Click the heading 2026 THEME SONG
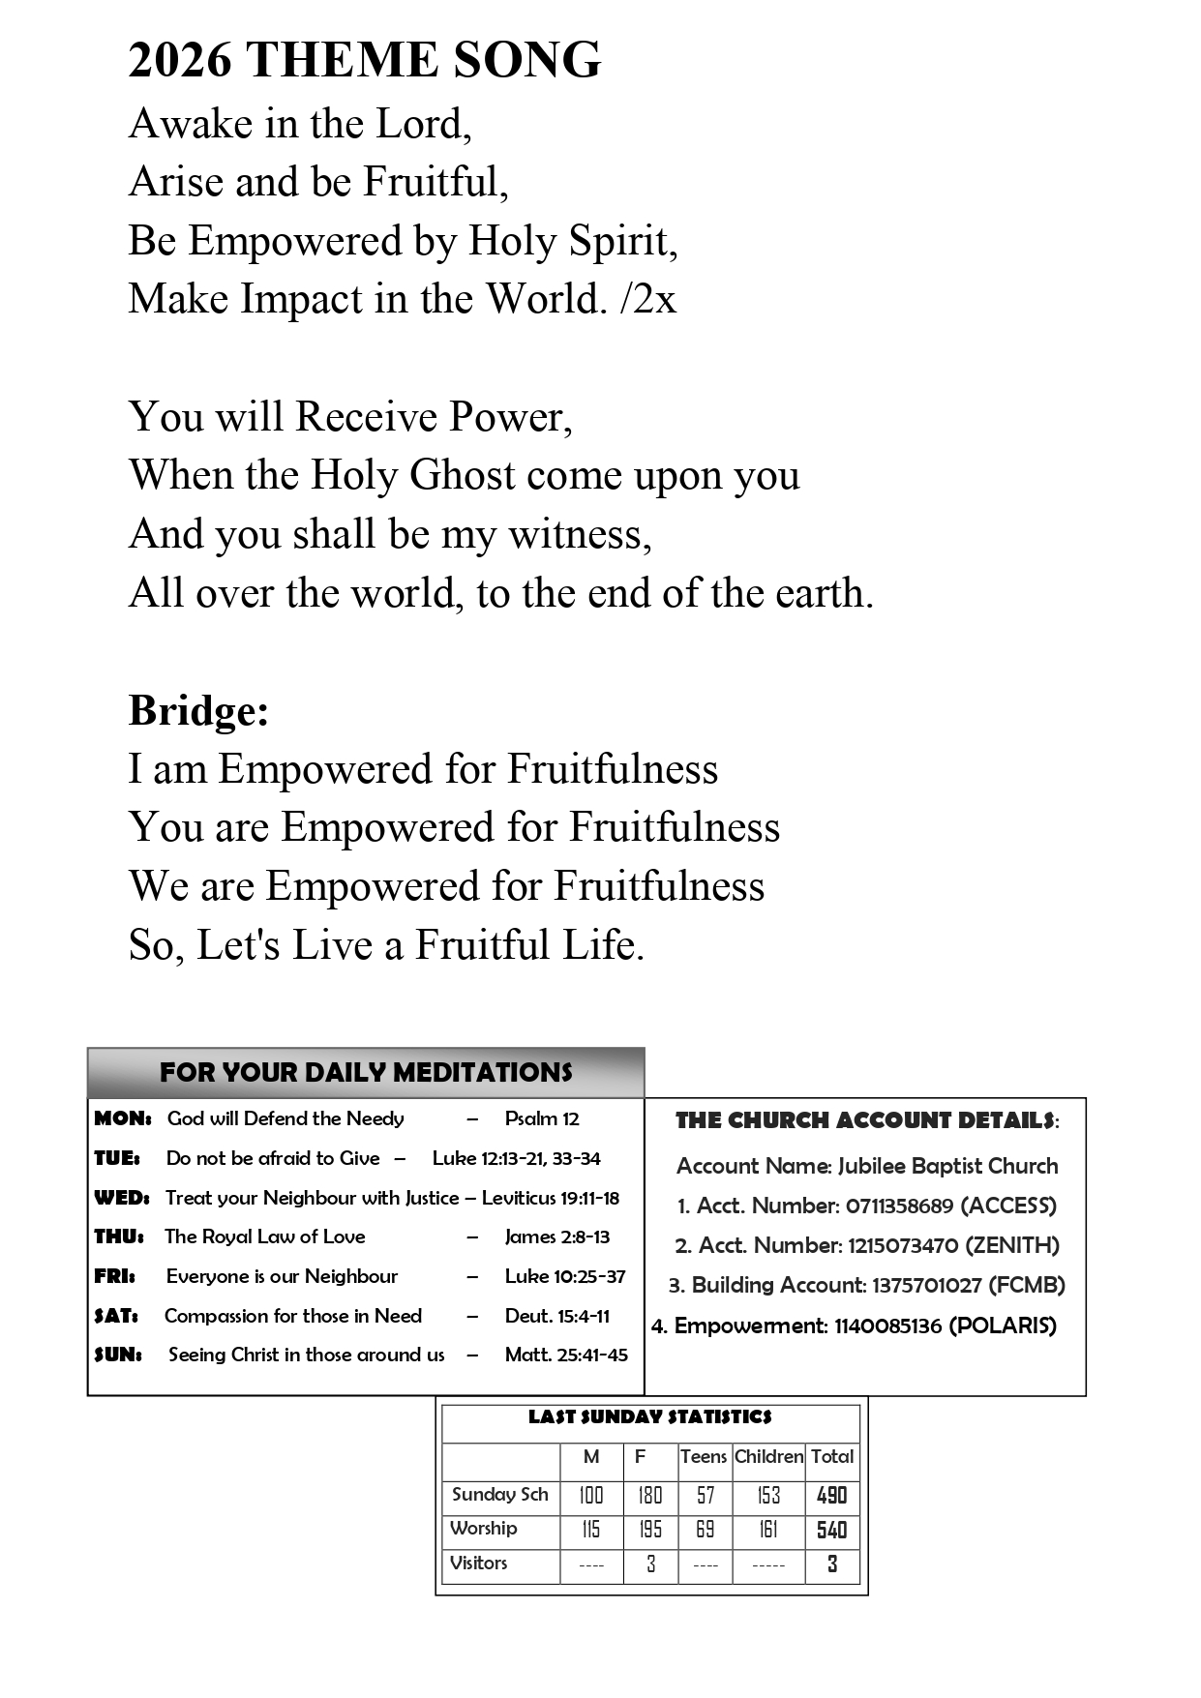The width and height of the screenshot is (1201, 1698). [x=364, y=60]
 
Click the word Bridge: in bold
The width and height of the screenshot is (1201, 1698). [x=198, y=710]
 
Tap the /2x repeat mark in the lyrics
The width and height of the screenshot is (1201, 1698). [x=647, y=299]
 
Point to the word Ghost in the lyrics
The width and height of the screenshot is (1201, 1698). [x=463, y=475]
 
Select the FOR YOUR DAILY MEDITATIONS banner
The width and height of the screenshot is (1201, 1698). [x=366, y=1072]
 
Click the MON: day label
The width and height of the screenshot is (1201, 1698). [x=122, y=1118]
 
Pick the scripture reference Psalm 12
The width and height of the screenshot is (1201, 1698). [x=542, y=1118]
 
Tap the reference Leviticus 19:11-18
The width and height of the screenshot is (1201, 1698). [x=550, y=1198]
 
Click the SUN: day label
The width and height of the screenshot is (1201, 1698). [x=118, y=1355]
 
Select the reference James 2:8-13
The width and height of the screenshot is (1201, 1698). [x=556, y=1236]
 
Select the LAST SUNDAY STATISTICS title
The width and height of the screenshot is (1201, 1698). [x=650, y=1417]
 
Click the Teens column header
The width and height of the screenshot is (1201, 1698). [x=704, y=1456]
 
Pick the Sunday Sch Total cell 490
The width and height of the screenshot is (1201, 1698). [x=831, y=1496]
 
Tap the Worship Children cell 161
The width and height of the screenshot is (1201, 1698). [x=768, y=1530]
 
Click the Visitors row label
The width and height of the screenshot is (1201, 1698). [x=478, y=1563]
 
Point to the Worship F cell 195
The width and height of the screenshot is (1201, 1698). [x=650, y=1530]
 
